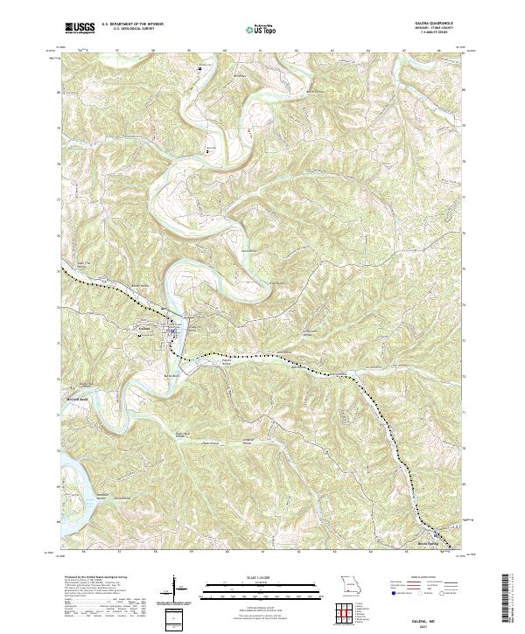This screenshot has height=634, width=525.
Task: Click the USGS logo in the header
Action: tap(76, 28)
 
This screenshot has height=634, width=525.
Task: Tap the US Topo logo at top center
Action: tap(262, 28)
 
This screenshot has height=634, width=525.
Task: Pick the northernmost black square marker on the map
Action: tap(199, 67)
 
